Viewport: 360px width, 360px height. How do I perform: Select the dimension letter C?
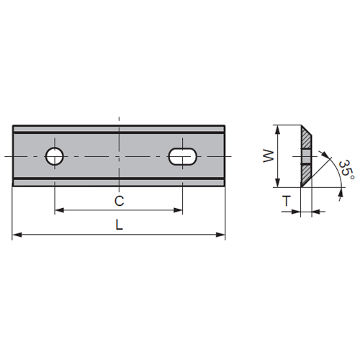[119, 201]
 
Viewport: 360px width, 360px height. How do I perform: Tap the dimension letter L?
[119, 225]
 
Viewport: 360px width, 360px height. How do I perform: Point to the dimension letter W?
[269, 156]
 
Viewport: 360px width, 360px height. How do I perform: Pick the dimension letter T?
[287, 201]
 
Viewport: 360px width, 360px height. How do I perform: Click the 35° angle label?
[347, 170]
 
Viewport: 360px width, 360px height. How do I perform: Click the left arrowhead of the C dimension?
[60, 210]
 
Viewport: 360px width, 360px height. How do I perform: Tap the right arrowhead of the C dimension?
[178, 210]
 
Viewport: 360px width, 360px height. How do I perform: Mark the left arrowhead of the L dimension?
[17, 235]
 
